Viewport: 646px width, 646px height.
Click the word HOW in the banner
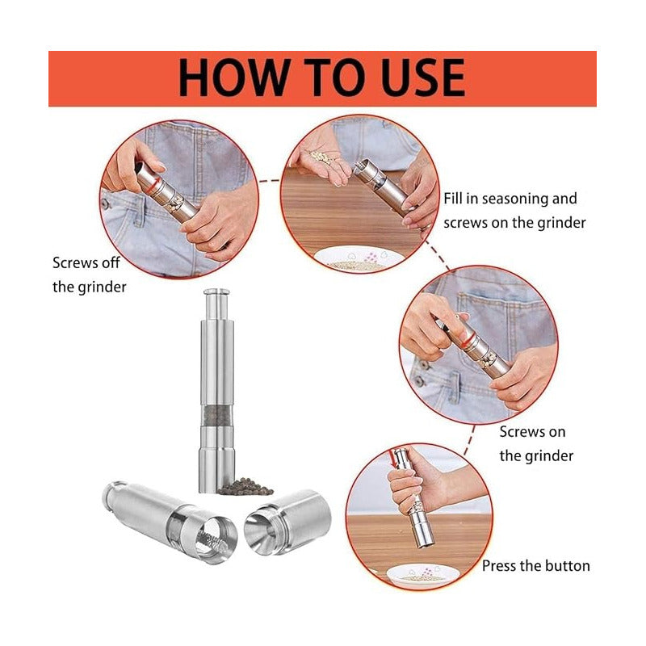click(x=233, y=78)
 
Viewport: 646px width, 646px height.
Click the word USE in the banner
click(x=423, y=78)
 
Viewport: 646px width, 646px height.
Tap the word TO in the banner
click(x=334, y=78)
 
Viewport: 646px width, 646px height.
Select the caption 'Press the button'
click(x=535, y=566)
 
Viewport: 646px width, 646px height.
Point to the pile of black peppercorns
click(x=245, y=487)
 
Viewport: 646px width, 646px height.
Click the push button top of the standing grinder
click(x=216, y=292)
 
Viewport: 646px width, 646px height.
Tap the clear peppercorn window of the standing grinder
click(x=216, y=415)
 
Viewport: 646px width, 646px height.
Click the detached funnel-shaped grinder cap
click(x=287, y=522)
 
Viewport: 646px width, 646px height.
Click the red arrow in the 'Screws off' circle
click(x=154, y=183)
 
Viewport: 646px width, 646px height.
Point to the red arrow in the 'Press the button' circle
click(x=392, y=459)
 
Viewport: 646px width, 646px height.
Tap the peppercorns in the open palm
click(x=321, y=157)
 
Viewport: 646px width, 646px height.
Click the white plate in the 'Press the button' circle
click(x=417, y=576)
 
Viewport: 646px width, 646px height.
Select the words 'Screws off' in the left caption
click(x=86, y=262)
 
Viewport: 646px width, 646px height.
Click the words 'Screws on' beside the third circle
click(x=532, y=432)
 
